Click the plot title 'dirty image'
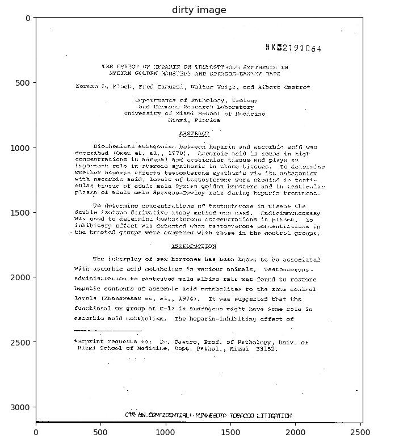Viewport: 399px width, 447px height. (x=199, y=10)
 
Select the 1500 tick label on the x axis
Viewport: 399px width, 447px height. (x=231, y=432)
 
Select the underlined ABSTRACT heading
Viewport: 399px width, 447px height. (x=194, y=134)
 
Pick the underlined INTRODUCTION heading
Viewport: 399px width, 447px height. (x=193, y=247)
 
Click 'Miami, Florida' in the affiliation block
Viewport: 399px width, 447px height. (x=194, y=120)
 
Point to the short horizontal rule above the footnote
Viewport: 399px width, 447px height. (x=107, y=330)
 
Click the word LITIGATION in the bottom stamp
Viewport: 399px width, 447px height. (x=274, y=416)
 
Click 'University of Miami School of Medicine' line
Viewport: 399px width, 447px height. (x=194, y=113)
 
